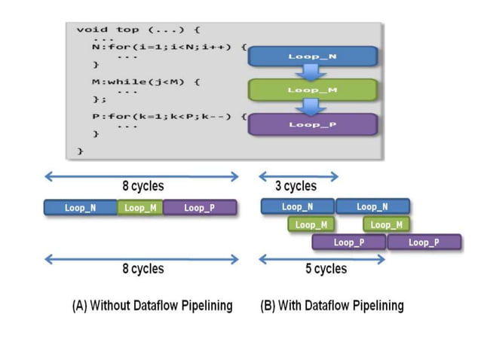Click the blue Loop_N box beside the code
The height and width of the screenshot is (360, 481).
(312, 56)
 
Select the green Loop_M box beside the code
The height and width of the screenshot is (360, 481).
(312, 90)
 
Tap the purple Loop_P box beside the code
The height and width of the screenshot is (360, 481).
(312, 124)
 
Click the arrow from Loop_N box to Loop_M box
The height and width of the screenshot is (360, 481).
(311, 73)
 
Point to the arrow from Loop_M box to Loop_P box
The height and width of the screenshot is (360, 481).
(311, 107)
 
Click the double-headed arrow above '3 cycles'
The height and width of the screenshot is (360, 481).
(298, 177)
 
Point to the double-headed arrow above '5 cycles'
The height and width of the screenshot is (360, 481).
(322, 259)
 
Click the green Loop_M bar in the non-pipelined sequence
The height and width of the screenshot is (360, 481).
(139, 208)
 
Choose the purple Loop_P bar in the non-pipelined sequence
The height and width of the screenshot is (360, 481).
(199, 208)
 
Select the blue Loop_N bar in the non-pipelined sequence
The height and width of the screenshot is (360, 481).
(80, 208)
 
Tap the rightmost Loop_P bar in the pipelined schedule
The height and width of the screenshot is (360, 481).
(423, 243)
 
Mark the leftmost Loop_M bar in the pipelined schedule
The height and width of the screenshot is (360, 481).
(311, 224)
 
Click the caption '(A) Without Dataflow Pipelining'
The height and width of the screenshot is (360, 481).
(152, 306)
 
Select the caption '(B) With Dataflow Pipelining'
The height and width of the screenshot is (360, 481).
(332, 306)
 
